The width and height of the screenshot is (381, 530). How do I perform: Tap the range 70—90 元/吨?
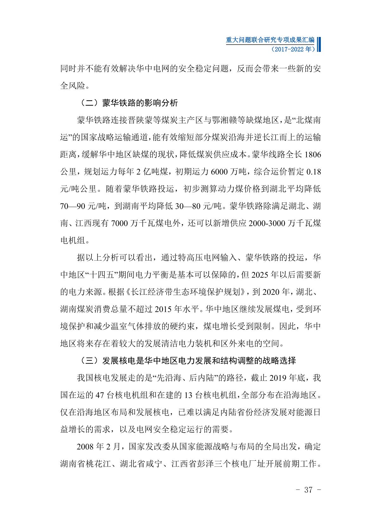coord(83,206)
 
